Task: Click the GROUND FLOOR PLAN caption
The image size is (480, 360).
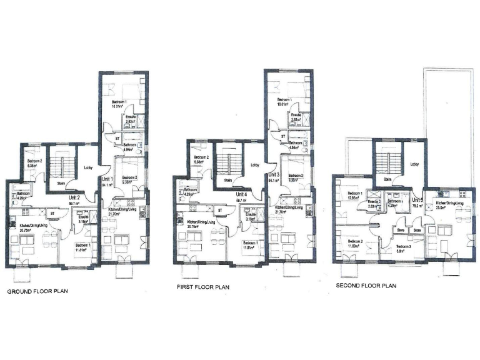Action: coord(37,291)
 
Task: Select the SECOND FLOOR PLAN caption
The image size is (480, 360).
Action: coord(366,286)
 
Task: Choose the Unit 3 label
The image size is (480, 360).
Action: coord(274,175)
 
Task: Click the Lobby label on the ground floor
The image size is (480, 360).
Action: coord(88,167)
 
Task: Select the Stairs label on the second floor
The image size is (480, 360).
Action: coord(388,179)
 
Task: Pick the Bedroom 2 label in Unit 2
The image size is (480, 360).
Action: coord(34,162)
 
